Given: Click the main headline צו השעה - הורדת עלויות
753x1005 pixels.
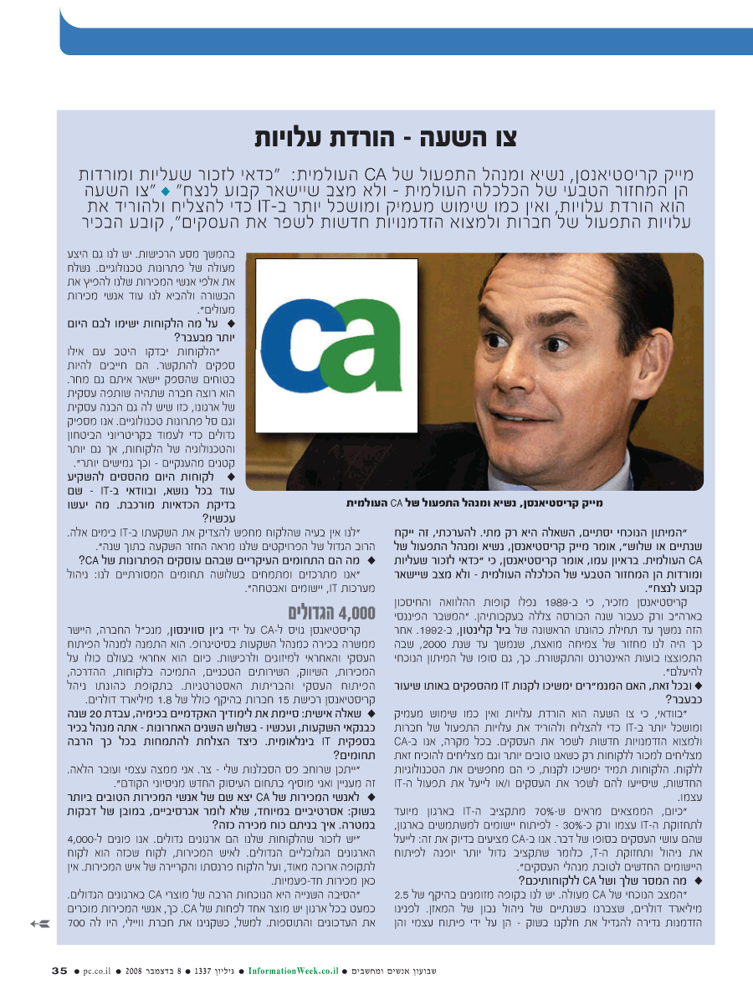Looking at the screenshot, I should (397, 137).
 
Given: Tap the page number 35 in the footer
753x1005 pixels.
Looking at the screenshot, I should (59, 971).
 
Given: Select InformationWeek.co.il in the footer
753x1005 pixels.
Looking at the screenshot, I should (293, 971).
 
